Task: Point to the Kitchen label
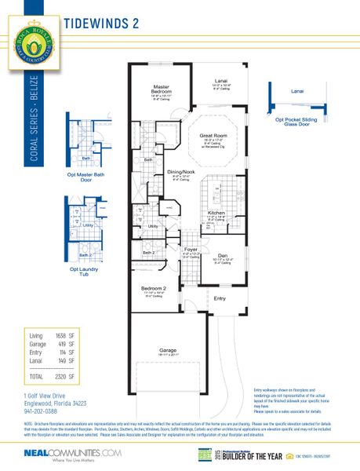pos(216,213)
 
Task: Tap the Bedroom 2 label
pos(153,288)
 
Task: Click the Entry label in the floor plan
pos(220,298)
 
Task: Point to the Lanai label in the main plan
pos(222,79)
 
